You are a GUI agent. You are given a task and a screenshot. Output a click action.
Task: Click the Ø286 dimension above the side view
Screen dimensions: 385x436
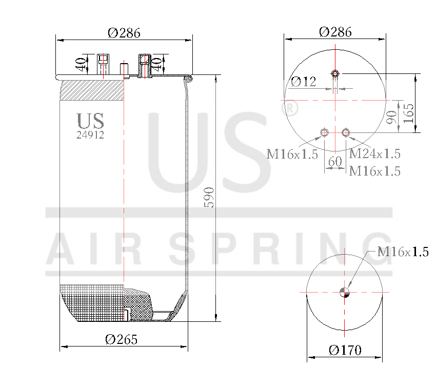coord(124,33)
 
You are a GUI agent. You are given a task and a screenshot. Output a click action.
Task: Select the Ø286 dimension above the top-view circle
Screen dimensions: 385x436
coord(335,32)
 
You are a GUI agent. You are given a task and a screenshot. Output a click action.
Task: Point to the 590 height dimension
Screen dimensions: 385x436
coord(208,198)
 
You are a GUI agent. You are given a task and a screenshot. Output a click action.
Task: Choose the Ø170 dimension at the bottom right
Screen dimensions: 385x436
coord(345,351)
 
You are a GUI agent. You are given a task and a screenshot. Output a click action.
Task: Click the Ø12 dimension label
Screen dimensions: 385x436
coord(304,81)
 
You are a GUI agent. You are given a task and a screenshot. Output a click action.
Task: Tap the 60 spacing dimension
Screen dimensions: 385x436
coord(334,161)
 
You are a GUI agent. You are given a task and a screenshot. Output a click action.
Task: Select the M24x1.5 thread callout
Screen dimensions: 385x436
coord(374,153)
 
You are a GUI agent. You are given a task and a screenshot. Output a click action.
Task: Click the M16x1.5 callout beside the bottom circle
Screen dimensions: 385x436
coord(402,252)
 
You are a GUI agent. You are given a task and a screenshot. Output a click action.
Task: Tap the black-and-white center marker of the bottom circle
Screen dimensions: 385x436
coord(344,293)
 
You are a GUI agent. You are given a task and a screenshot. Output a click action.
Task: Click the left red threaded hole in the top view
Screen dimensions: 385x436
coord(324,133)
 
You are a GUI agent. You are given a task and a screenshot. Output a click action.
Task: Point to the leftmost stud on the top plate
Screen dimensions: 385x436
coord(103,64)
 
